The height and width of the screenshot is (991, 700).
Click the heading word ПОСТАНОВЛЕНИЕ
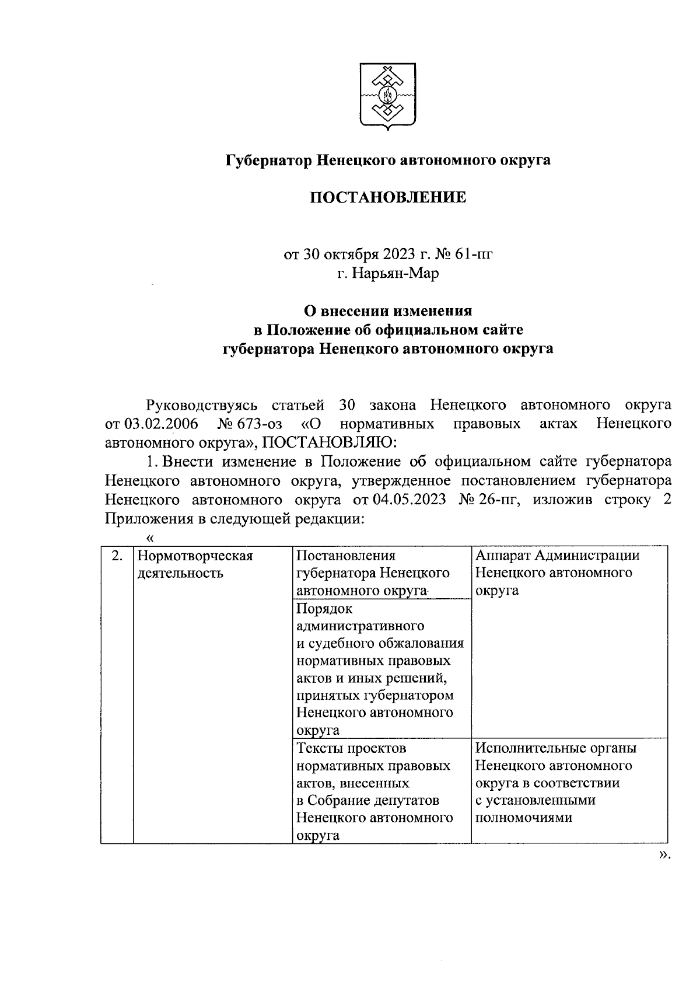click(387, 198)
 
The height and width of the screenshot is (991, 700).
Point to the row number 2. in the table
click(117, 556)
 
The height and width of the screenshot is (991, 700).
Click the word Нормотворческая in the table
click(195, 556)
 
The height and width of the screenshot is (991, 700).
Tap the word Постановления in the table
click(346, 556)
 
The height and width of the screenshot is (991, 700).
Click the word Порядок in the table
click(325, 609)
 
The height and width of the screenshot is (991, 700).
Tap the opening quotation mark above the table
click(150, 537)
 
